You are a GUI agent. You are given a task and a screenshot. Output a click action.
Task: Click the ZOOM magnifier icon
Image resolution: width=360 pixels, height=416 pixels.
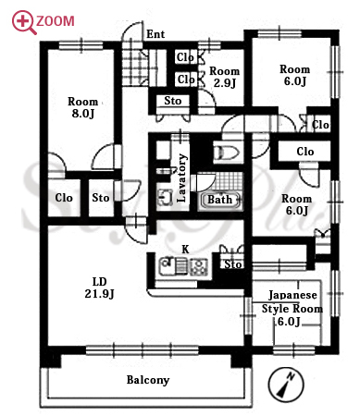pos(22,21)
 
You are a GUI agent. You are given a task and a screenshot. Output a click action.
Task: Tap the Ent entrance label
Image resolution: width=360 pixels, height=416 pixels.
pos(155,34)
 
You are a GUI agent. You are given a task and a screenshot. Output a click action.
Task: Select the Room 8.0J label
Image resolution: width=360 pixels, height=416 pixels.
pos(82,107)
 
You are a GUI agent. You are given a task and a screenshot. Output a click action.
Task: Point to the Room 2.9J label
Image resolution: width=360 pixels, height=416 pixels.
pos(225,77)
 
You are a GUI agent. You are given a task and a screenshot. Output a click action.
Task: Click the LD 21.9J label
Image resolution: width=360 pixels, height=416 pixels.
pos(99,288)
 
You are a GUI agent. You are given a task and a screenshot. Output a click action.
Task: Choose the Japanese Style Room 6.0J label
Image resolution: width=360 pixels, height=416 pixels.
pos(292,308)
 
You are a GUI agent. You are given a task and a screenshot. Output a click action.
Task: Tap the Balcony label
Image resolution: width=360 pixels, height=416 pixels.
pos(148,380)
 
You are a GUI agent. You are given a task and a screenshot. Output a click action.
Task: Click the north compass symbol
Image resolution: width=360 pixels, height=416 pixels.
pos(286,385)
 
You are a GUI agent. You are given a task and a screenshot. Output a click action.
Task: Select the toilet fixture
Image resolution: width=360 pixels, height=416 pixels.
pos(227,153)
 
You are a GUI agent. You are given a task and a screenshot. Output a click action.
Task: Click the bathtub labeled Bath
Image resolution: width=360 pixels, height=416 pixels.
pos(220,201)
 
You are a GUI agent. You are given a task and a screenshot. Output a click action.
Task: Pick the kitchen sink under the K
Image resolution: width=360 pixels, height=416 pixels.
pos(168,266)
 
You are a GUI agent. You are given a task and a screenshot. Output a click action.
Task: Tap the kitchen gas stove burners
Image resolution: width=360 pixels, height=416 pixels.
pos(199,266)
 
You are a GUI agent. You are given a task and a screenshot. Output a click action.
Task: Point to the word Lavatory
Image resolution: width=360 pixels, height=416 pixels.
pos(181,178)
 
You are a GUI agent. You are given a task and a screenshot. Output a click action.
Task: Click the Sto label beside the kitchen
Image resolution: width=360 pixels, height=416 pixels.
pos(232,264)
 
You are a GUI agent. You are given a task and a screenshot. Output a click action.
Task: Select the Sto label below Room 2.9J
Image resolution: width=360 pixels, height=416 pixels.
pos(173,101)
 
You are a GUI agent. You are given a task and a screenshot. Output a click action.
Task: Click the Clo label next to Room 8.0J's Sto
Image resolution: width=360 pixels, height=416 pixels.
pos(64,198)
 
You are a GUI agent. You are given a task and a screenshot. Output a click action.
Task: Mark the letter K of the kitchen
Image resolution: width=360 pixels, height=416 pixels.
pos(185,249)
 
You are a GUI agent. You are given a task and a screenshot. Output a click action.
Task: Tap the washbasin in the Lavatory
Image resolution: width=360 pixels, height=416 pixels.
pos(165,197)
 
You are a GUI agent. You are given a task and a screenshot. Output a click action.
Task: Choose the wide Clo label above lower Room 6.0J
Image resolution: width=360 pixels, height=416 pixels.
pos(305,152)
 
